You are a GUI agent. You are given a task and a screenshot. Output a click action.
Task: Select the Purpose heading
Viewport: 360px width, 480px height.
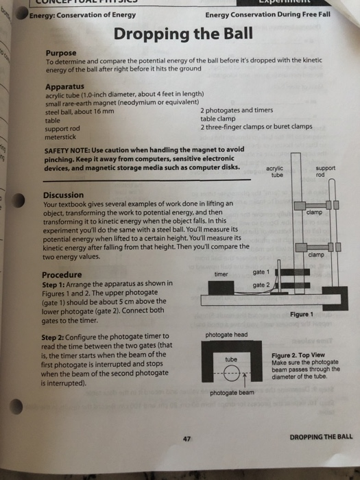click(61, 52)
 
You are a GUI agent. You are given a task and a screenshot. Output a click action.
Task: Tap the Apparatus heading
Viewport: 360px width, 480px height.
click(65, 86)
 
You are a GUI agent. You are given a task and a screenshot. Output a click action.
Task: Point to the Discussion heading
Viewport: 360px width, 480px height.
click(64, 195)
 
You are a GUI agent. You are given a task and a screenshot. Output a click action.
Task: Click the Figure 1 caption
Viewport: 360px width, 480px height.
click(301, 314)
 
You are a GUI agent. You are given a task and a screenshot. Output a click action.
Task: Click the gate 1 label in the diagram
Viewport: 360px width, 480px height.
click(260, 272)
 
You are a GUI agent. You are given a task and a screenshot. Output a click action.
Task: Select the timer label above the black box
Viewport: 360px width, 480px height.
click(221, 273)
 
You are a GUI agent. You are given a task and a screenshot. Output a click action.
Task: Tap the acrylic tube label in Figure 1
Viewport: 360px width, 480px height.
click(275, 171)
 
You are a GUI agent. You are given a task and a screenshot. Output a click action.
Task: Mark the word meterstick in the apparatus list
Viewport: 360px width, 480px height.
click(62, 135)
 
